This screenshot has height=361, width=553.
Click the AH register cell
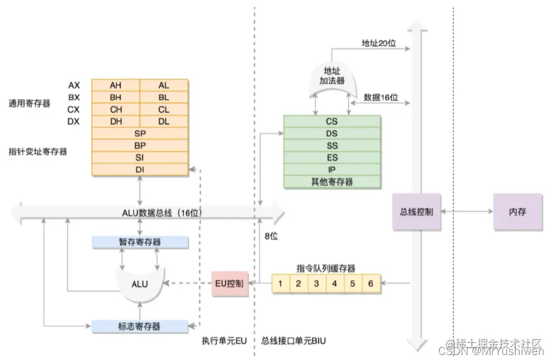115,85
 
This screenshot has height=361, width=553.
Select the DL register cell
163,121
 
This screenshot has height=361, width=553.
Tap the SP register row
139,133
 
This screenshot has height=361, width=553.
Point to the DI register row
139,169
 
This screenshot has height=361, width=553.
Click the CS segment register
332,121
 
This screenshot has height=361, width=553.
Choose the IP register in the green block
332,169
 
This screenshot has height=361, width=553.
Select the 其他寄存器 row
332,181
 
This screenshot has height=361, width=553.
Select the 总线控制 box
416,212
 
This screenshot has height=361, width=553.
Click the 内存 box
517,212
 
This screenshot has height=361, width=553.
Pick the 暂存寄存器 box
139,241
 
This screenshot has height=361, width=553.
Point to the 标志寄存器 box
139,326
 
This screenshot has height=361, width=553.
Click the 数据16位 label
381,97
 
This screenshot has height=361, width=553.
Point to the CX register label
74,109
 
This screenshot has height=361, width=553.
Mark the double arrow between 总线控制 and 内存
467,212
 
